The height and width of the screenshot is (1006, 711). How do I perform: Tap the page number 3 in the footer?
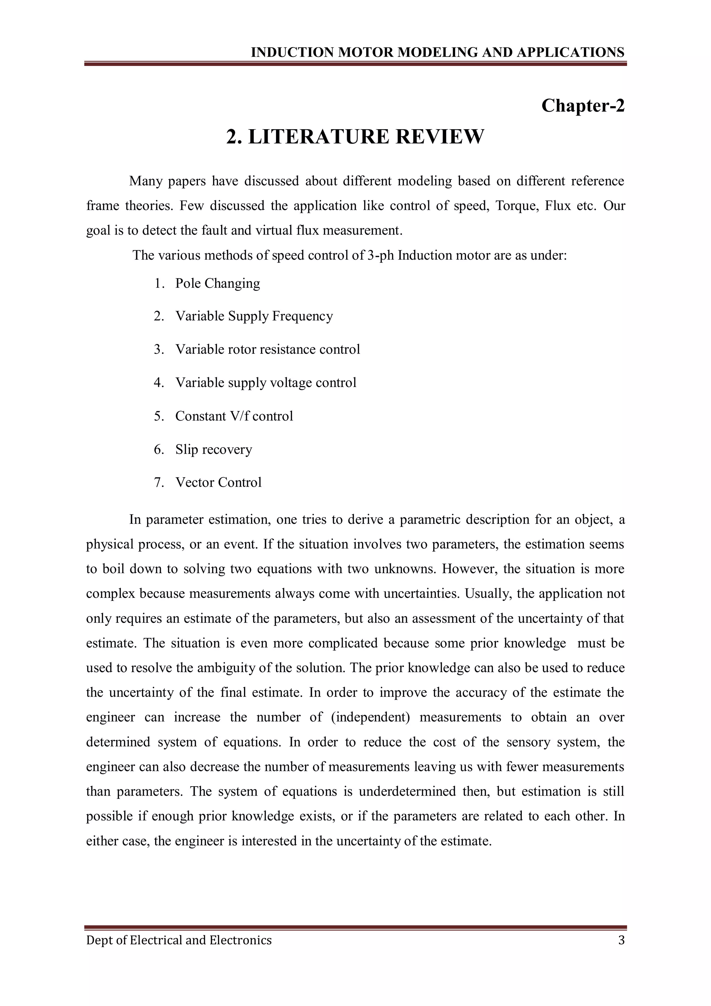pos(621,940)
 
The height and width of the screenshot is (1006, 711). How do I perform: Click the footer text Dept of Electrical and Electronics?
pos(179,940)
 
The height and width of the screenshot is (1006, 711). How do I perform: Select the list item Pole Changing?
pos(217,284)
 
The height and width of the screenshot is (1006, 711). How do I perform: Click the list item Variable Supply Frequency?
pos(254,316)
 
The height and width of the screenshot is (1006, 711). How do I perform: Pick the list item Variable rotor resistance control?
pos(267,350)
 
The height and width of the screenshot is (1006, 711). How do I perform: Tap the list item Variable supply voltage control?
pos(266,383)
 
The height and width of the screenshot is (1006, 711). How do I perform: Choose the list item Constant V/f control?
pos(234,416)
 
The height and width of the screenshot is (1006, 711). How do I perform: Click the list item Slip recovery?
pos(214,450)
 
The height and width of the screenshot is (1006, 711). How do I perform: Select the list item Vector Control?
pos(218,483)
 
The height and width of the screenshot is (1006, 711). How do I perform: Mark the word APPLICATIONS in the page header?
pos(570,52)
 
